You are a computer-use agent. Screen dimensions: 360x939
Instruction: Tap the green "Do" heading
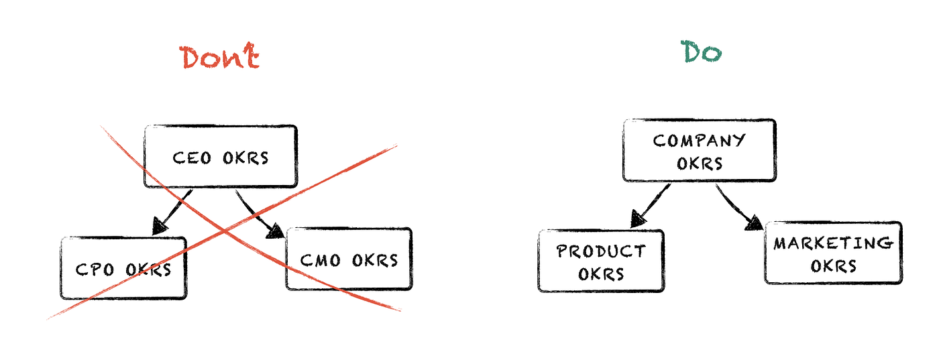pos(702,52)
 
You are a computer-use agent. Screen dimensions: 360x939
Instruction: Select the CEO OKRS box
pos(221,156)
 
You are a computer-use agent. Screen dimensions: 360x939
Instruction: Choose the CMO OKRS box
pos(349,259)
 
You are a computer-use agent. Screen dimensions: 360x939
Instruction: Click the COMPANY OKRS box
pos(699,151)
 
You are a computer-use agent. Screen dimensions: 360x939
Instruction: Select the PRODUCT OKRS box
pos(601,261)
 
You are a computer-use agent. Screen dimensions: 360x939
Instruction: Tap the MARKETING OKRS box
pos(833,253)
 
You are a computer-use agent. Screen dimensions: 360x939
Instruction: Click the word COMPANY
pos(699,141)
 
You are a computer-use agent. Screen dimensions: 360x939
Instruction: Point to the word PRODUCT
pos(601,251)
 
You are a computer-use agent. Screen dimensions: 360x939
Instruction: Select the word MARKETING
pos(833,243)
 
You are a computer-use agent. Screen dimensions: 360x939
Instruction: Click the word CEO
pos(192,158)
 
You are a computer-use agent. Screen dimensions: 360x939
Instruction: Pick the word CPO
pos(94,269)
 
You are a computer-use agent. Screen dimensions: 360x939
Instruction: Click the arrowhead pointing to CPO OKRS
pos(161,227)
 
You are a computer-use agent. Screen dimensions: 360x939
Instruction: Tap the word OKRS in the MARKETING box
pos(833,265)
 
